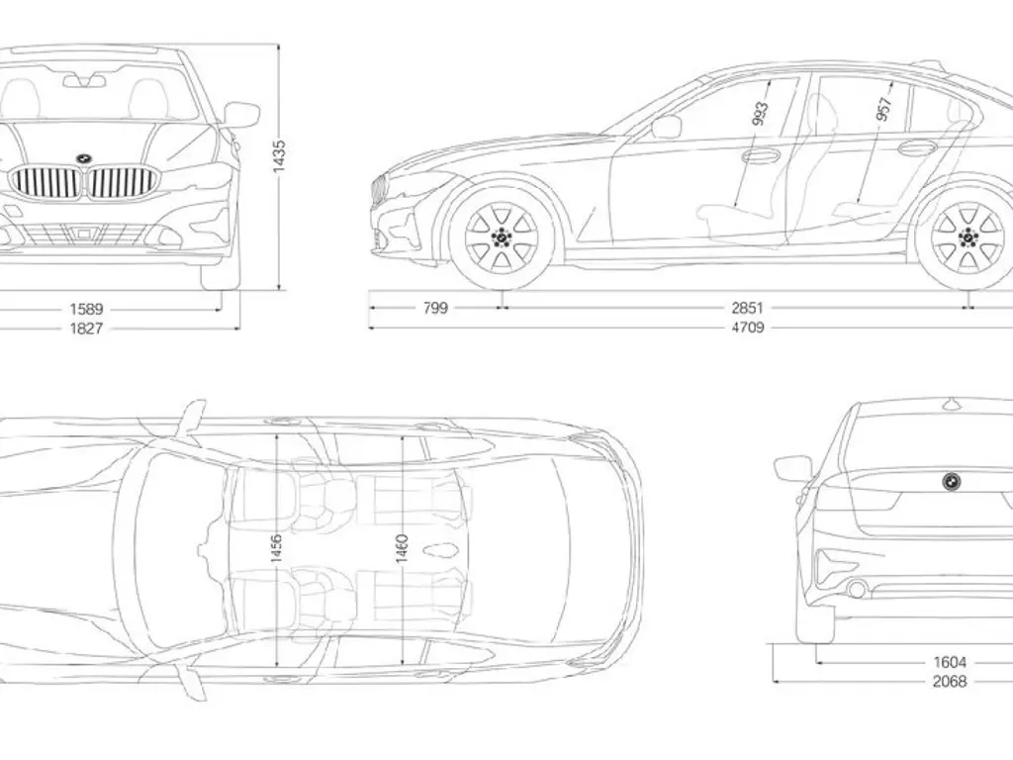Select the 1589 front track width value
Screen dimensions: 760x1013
(86, 309)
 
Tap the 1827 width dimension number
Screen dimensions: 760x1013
(86, 328)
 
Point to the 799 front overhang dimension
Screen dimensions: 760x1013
(435, 308)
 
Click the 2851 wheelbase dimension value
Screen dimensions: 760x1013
(747, 308)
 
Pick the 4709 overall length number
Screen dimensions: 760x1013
(747, 327)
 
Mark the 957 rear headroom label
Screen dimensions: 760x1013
(883, 107)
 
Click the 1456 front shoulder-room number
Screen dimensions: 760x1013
(277, 549)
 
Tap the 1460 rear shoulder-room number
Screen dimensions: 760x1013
(403, 547)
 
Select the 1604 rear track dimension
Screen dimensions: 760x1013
(950, 662)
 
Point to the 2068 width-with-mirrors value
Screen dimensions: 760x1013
(950, 681)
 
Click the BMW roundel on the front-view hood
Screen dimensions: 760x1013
(83, 158)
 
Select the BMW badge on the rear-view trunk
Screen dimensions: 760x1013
(951, 480)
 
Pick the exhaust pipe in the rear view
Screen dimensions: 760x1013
(857, 590)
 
